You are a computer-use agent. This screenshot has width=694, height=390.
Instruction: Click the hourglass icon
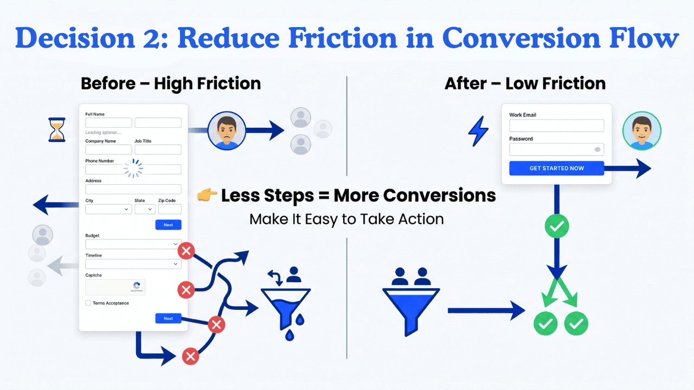[x=57, y=131]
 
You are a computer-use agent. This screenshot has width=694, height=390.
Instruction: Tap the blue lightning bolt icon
[x=478, y=131]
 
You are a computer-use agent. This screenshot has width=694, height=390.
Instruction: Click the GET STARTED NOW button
[x=556, y=168]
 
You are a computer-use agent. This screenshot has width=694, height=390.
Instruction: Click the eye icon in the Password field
[x=597, y=149]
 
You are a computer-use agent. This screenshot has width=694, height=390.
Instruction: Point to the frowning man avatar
[x=227, y=131]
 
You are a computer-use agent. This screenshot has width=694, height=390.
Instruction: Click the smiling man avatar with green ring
[x=641, y=131]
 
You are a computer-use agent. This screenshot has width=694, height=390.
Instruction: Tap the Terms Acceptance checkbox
[x=88, y=303]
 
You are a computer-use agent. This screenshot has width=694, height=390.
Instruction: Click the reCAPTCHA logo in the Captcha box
[x=137, y=286]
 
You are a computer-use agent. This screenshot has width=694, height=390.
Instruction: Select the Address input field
[x=133, y=189]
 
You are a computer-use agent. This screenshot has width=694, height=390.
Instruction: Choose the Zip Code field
[x=169, y=209]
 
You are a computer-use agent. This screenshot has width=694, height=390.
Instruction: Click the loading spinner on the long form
[x=133, y=169]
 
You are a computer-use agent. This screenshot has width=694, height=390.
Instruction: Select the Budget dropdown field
[x=133, y=244]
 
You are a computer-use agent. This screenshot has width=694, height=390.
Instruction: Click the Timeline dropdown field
[x=133, y=264]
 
